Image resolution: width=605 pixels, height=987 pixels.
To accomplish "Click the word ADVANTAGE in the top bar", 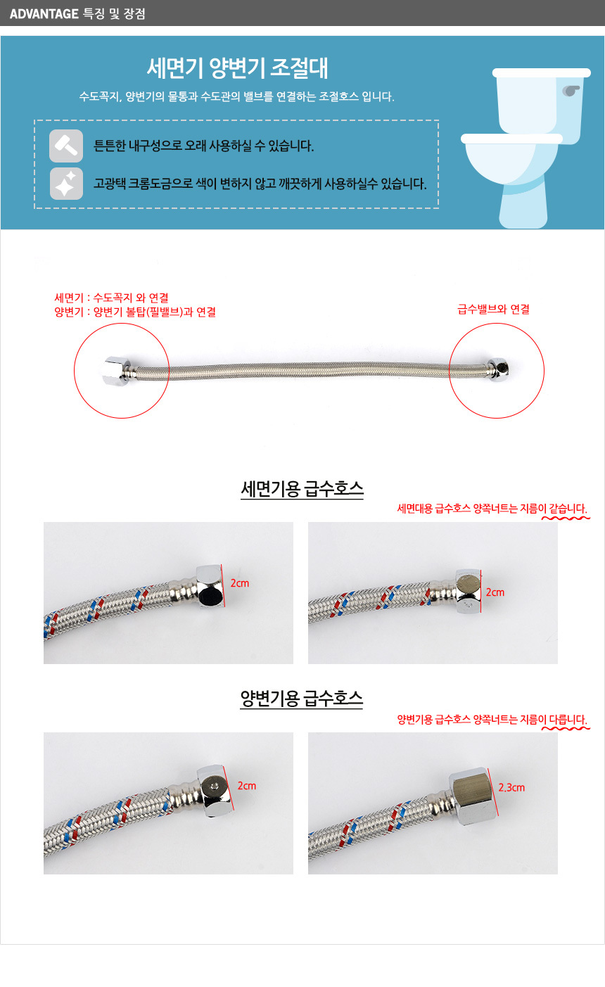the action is tap(44, 13).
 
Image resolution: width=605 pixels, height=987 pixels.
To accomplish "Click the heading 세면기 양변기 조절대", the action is tap(237, 68).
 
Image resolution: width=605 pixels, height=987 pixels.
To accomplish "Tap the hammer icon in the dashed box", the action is tap(66, 146).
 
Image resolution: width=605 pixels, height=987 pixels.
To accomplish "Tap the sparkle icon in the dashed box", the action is tap(66, 184).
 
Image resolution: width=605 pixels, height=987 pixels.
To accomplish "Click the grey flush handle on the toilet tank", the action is tap(571, 91).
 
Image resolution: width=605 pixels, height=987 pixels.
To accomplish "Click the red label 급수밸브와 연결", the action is tap(494, 309).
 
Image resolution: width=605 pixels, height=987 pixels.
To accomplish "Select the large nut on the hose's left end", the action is tap(116, 371).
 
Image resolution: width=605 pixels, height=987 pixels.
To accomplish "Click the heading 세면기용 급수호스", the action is tap(302, 489).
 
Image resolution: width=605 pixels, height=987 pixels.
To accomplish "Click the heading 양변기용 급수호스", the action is tap(301, 699).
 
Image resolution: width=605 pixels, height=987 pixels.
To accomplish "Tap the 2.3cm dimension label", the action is tap(511, 787).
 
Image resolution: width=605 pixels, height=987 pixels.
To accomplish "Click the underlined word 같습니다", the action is tap(568, 509).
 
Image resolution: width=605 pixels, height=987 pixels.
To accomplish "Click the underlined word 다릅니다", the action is tap(568, 720).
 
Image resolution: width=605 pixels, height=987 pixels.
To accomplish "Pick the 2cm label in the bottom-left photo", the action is tap(247, 786).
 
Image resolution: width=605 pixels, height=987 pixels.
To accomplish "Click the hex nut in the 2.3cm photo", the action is tap(472, 795).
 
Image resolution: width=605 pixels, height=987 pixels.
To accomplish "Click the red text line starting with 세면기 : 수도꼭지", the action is tap(111, 298).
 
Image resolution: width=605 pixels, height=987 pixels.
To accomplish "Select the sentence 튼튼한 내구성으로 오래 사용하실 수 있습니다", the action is tap(203, 146).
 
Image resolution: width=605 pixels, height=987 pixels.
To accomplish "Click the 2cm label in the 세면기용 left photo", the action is tap(240, 583).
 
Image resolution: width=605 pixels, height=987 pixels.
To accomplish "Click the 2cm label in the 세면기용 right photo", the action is tap(495, 592).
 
